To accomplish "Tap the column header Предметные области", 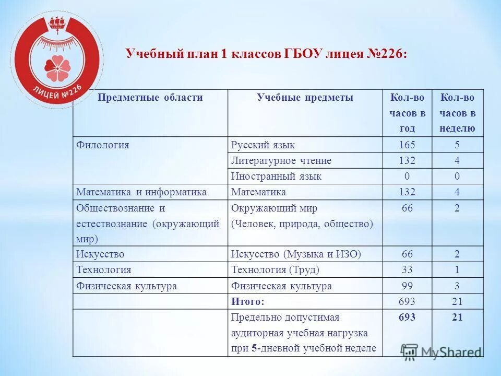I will point(151,98).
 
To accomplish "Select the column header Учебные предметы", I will point(305,98).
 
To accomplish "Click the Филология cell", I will point(103,145).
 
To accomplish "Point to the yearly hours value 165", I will point(407,145).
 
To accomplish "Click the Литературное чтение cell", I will point(281,160).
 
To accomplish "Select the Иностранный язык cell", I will point(276,176).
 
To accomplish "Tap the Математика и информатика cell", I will point(141,192).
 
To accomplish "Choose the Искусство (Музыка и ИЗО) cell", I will point(296,254).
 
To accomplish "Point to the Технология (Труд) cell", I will point(275,270).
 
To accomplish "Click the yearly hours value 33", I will point(407,270).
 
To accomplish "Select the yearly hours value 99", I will point(407,286).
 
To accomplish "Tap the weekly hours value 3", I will point(458,286).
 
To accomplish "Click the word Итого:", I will point(248,301).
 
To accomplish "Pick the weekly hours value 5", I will point(458,145).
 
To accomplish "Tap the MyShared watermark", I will point(443,352).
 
